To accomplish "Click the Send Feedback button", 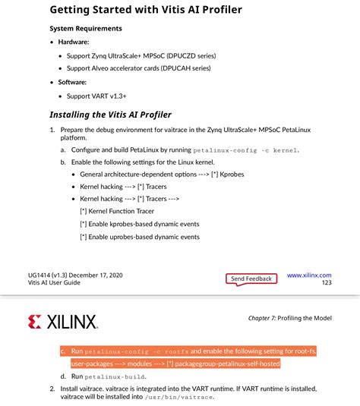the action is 251,279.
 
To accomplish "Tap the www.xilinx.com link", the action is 309,275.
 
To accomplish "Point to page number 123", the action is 327,283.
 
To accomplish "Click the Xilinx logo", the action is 62,322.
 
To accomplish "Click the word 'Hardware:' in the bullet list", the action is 73,42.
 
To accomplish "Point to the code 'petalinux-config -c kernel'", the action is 245,151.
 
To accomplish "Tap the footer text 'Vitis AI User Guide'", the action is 54,283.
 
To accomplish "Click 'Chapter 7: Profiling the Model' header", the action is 290,317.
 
